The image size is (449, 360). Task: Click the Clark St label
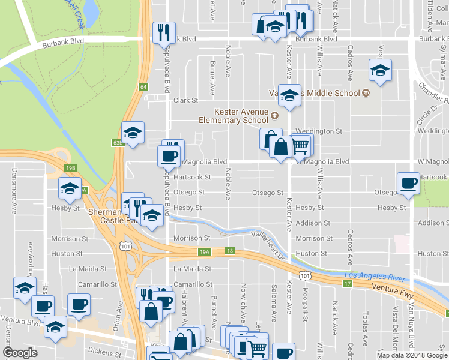tap(185, 101)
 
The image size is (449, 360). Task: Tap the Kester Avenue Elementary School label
tap(242, 116)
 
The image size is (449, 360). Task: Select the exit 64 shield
tap(143, 87)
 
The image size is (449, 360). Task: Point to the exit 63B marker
tap(117, 143)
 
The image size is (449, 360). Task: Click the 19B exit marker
tap(71, 169)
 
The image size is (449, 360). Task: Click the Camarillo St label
tap(193, 284)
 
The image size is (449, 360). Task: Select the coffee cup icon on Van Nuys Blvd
tap(409, 183)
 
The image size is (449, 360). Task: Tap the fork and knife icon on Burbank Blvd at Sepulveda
tap(163, 32)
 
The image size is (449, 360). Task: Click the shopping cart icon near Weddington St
tap(300, 145)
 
